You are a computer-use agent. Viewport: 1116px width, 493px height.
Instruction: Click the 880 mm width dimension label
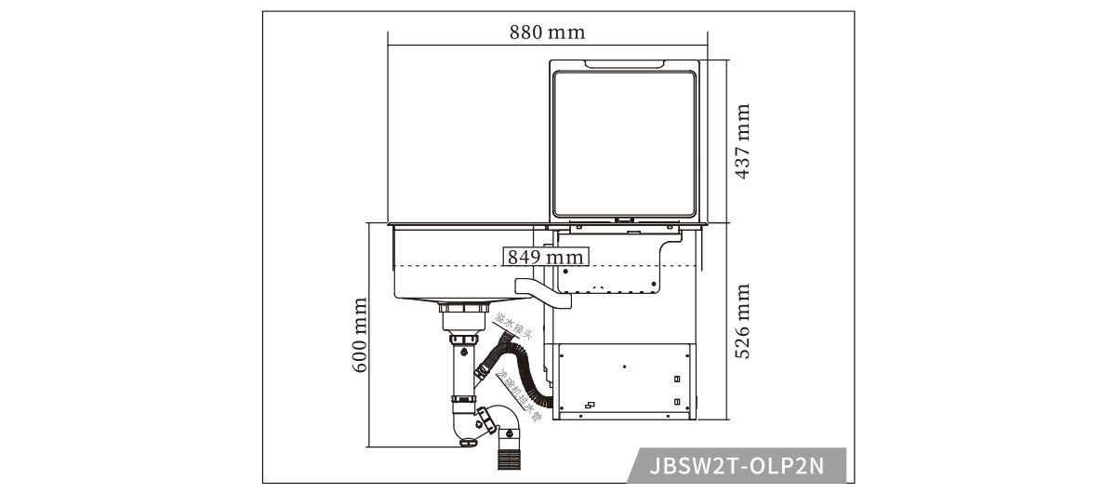(547, 32)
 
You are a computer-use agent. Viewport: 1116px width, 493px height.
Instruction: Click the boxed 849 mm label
(545, 256)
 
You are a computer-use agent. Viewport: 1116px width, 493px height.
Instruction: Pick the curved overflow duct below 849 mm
(543, 290)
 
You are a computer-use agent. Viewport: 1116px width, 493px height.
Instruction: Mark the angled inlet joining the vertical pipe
(485, 369)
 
